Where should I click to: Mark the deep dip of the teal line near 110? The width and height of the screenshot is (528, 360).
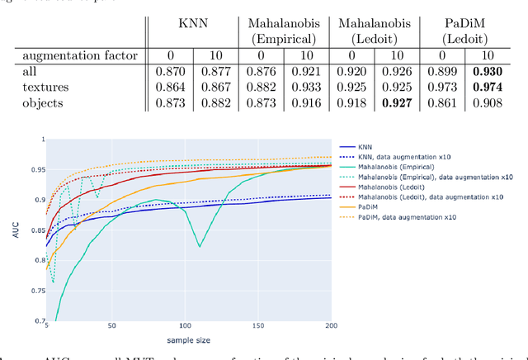[x=199, y=245]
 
